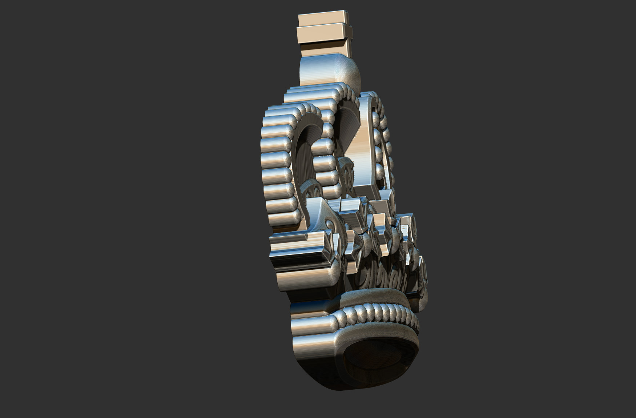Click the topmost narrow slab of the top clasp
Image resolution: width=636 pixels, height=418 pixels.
pos(322,18)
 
